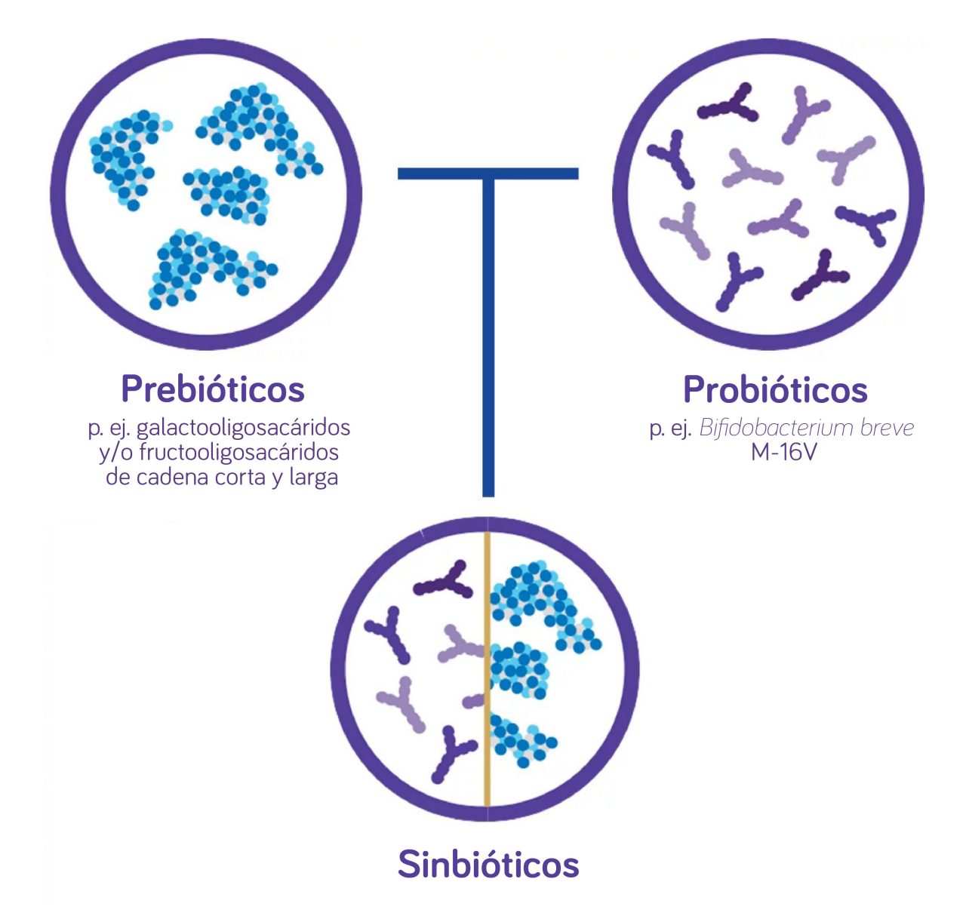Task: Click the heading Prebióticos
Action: point(213,389)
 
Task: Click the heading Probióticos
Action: point(775,390)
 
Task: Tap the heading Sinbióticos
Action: point(488,865)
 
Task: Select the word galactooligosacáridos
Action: point(243,427)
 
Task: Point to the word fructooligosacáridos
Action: point(238,452)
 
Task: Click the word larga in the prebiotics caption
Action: point(312,478)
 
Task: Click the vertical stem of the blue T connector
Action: point(488,340)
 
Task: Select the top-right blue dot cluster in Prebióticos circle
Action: point(260,128)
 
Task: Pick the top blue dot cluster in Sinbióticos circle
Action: point(540,600)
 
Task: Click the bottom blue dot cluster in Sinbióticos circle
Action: point(521,739)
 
